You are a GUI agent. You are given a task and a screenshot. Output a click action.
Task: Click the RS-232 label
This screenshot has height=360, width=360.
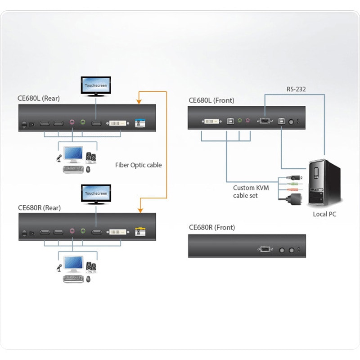pyautogui.click(x=296, y=89)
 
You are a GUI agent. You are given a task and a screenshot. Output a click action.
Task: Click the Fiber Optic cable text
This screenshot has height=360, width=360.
pyautogui.click(x=138, y=165)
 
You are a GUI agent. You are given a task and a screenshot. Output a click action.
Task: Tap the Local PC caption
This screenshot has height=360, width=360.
pyautogui.click(x=324, y=214)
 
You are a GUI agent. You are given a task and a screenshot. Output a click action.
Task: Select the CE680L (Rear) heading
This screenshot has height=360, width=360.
pyautogui.click(x=39, y=99)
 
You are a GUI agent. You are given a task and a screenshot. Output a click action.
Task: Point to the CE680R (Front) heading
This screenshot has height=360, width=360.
pyautogui.click(x=211, y=227)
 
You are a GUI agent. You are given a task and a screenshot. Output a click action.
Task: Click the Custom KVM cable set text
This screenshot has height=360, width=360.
pyautogui.click(x=251, y=192)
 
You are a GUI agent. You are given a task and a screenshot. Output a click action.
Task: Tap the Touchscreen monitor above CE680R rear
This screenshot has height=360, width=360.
pyautogui.click(x=96, y=194)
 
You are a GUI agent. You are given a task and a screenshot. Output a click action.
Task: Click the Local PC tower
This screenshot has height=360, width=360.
pyautogui.click(x=324, y=182)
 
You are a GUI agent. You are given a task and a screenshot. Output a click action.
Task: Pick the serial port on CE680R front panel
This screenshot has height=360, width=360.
pyautogui.click(x=265, y=250)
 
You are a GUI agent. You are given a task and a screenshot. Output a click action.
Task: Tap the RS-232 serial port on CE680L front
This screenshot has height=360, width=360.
pyautogui.click(x=264, y=121)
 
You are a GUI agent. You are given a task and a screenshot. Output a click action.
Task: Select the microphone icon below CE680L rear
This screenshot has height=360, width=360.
pyautogui.click(x=58, y=158)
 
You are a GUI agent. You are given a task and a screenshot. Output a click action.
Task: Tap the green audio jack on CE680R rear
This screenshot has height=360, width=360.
pyautogui.click(x=83, y=231)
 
